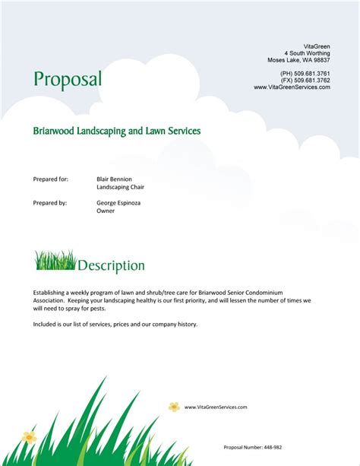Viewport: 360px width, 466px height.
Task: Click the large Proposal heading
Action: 68,79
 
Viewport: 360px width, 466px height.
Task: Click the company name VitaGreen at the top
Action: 317,46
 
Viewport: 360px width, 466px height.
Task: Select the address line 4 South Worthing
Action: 307,53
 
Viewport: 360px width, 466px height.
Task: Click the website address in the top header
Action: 292,87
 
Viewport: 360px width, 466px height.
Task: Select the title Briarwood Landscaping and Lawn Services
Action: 116,131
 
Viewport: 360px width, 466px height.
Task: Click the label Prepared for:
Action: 51,179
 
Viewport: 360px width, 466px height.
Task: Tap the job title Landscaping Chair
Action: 120,187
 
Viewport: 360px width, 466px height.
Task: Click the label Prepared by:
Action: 50,203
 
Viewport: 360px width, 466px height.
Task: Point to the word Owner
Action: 106,211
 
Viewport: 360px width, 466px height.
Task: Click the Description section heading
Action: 111,266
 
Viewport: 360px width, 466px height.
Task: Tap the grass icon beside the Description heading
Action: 55,261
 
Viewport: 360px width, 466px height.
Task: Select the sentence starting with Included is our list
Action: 115,324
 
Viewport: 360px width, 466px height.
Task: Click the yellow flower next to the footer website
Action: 174,407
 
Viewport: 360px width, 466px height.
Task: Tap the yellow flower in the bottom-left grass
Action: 29,437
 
